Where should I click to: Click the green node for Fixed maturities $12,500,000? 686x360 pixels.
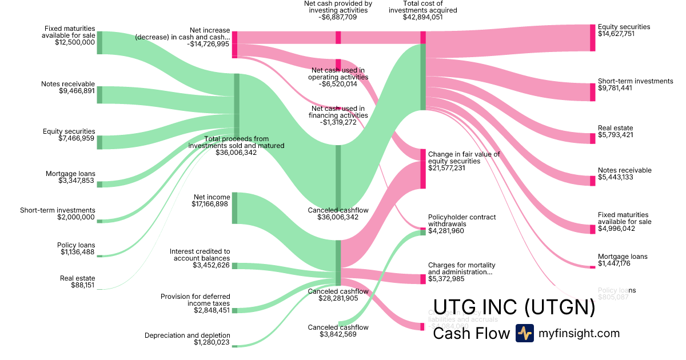click(x=99, y=43)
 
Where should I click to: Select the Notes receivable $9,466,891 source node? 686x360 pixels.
click(x=99, y=95)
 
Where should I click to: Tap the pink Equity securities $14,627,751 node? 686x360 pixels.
click(x=592, y=38)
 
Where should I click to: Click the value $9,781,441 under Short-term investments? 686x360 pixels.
click(x=615, y=88)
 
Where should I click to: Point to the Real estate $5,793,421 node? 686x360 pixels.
click(x=592, y=138)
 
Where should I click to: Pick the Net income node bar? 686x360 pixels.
click(x=234, y=208)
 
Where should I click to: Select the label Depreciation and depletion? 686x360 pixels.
click(x=188, y=335)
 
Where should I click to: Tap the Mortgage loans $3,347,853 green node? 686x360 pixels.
click(x=99, y=184)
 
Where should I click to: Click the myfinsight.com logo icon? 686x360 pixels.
click(x=525, y=333)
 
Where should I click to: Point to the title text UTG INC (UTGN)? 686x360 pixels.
click(x=514, y=308)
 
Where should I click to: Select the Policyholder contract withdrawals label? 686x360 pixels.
click(x=462, y=221)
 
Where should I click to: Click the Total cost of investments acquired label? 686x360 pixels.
click(x=422, y=6)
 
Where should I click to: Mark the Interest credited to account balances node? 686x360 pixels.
click(x=234, y=266)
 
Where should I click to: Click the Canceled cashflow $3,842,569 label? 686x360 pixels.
click(x=338, y=327)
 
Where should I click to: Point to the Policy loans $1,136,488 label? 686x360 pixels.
click(x=76, y=245)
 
